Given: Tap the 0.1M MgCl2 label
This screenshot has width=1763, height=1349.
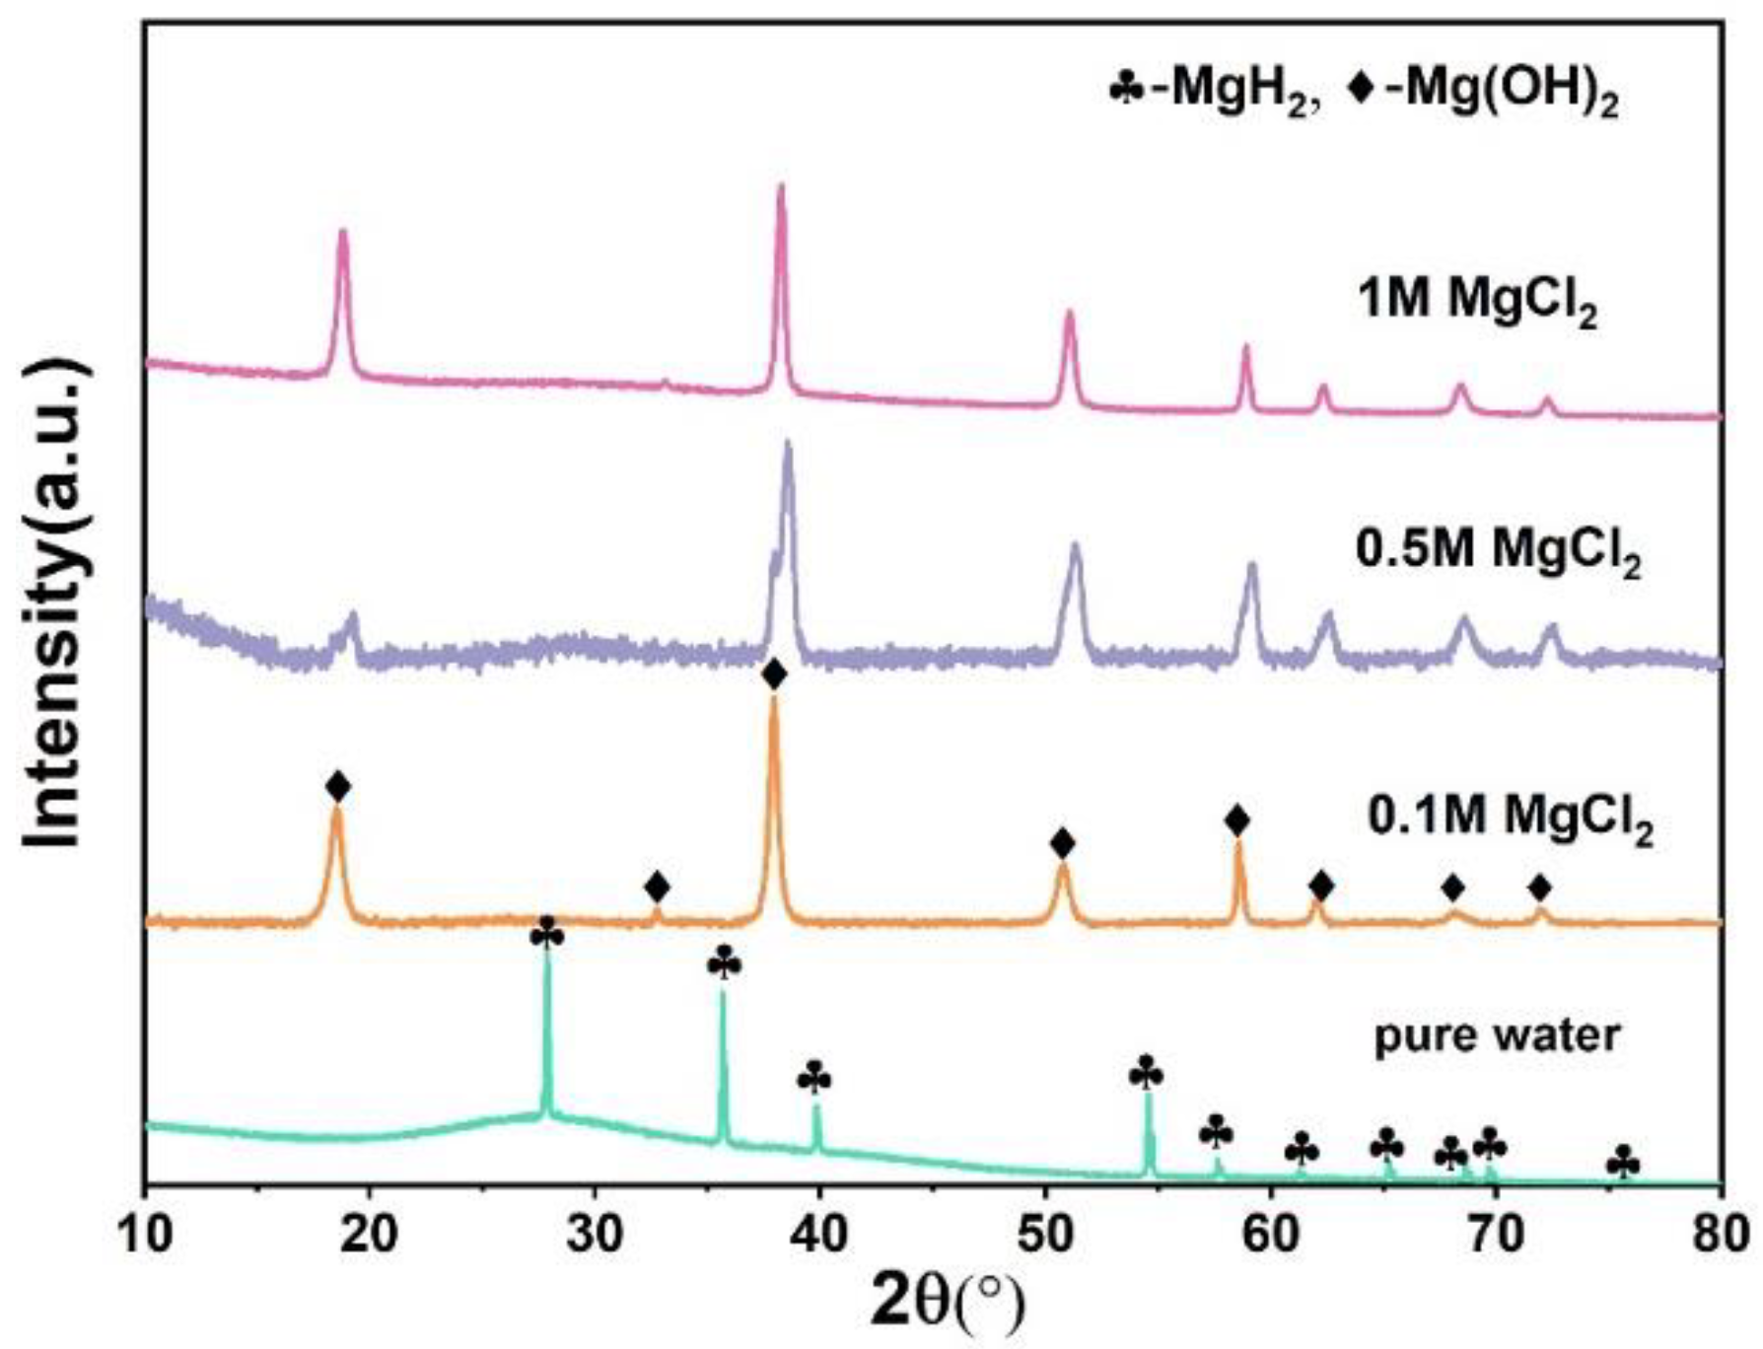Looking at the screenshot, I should [x=1511, y=820].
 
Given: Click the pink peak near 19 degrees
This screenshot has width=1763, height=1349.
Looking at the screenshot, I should [x=343, y=233].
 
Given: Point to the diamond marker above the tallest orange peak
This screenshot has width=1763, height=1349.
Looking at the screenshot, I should [x=774, y=675].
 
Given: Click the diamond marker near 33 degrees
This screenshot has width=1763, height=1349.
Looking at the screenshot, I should [x=657, y=887].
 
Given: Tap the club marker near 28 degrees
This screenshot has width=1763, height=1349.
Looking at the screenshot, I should [x=547, y=932].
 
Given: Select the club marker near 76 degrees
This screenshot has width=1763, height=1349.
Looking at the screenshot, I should [x=1623, y=1164].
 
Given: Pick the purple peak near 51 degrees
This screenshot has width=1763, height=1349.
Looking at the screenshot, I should [x=1075, y=545].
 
